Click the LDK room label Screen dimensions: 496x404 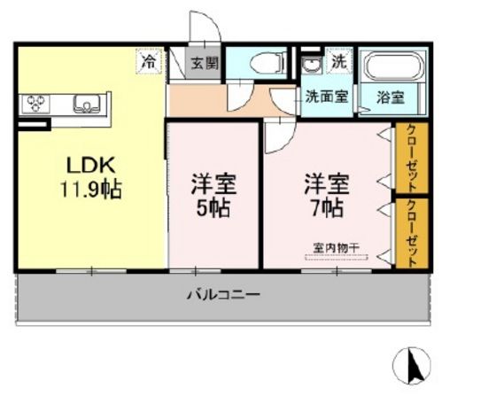[x=90, y=165]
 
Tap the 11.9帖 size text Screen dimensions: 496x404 [x=90, y=190]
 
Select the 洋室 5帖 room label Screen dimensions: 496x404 [x=213, y=196]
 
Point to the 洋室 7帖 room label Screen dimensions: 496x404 [x=327, y=195]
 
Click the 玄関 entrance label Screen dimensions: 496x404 [x=205, y=64]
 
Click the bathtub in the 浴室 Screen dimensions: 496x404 [x=394, y=66]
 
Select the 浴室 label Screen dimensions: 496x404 [x=391, y=97]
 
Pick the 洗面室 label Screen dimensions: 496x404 [x=327, y=96]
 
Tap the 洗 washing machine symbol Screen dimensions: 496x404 [x=339, y=63]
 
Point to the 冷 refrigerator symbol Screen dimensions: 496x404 [x=149, y=61]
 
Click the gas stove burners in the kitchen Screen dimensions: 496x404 [x=35, y=103]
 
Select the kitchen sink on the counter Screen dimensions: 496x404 [x=87, y=104]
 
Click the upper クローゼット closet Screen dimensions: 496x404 [x=412, y=158]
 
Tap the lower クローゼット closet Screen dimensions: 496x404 [x=412, y=234]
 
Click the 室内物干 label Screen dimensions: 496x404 [x=336, y=247]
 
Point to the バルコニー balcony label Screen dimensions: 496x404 [x=224, y=295]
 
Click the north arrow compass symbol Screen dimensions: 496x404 [x=412, y=365]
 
